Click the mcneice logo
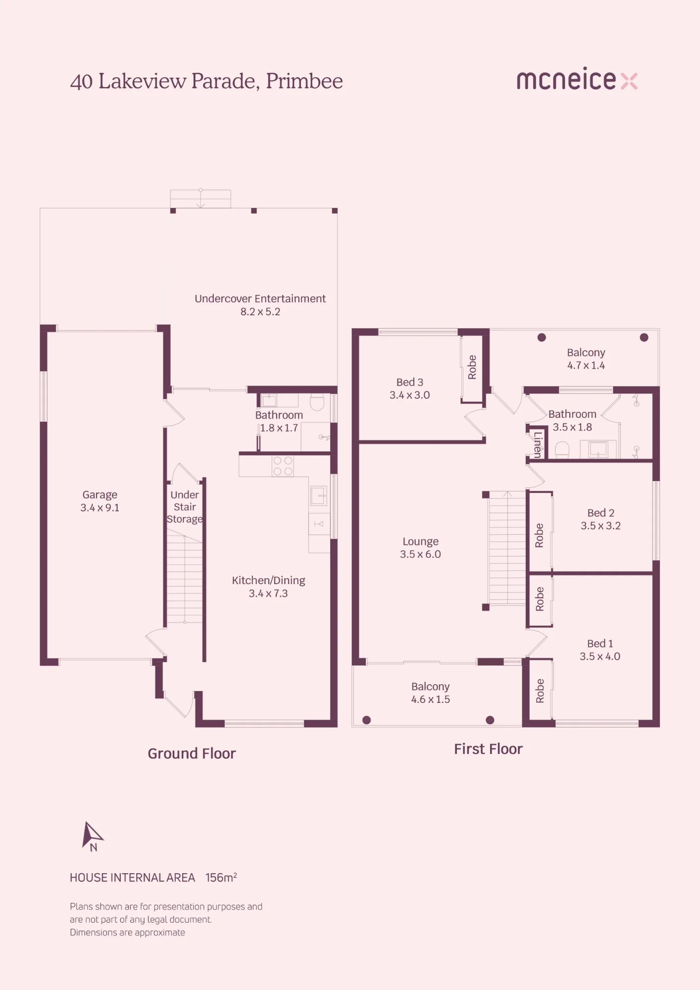(x=577, y=79)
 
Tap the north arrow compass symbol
(x=93, y=836)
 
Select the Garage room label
(x=100, y=495)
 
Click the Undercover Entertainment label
(x=260, y=298)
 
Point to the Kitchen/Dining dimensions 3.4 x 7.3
(x=268, y=593)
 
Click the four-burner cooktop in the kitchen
(x=283, y=466)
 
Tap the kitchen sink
(x=318, y=495)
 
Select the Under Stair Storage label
(x=185, y=507)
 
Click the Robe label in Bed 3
(x=472, y=367)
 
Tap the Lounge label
(x=420, y=542)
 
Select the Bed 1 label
(x=600, y=643)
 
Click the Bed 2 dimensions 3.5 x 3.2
(x=600, y=526)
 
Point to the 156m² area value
(x=221, y=878)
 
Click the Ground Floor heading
(x=192, y=753)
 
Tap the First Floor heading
(x=488, y=749)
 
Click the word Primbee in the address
(x=304, y=81)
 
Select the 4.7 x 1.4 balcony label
(x=586, y=365)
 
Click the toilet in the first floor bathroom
(x=562, y=449)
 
